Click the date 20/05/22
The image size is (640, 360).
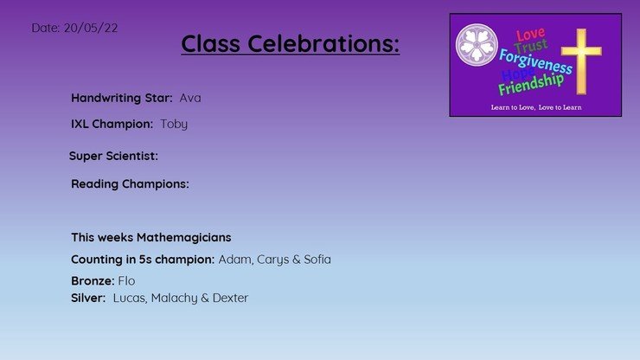click(91, 28)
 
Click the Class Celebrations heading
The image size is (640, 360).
click(291, 43)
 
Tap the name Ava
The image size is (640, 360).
click(190, 98)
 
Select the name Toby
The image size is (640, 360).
click(174, 125)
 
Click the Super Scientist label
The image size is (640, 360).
click(113, 156)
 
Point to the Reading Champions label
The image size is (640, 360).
click(131, 184)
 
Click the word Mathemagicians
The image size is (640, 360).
click(183, 237)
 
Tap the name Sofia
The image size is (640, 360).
click(317, 260)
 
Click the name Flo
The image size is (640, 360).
click(126, 281)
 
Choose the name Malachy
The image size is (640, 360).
click(175, 299)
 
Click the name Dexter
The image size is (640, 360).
click(230, 298)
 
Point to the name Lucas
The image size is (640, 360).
click(130, 299)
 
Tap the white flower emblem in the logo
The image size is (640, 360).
click(477, 45)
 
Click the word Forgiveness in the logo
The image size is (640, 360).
click(535, 61)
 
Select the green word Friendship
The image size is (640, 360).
click(531, 84)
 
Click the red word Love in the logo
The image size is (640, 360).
click(530, 35)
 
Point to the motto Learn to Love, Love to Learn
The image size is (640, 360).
click(536, 107)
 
